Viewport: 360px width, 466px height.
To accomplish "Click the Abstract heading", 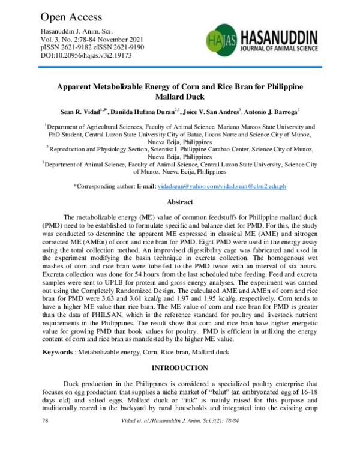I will click(x=179, y=202).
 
